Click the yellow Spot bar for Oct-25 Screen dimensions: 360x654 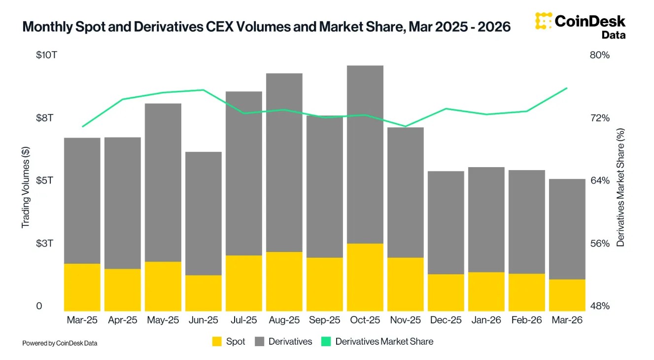coord(365,277)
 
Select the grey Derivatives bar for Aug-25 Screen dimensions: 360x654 coord(284,163)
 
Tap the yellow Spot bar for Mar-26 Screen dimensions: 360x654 coord(567,295)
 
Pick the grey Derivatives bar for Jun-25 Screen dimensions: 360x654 coord(204,214)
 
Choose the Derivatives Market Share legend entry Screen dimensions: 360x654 coord(377,341)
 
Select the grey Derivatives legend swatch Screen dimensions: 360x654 coord(260,341)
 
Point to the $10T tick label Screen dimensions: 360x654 coord(46,55)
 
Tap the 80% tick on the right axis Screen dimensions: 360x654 coord(600,55)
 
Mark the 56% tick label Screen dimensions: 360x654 coord(600,244)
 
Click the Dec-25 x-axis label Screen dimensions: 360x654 coord(446,320)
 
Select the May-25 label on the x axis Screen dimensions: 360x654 coord(163,320)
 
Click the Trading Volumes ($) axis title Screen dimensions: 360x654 coord(26,187)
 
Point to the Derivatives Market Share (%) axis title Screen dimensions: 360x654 coord(620,187)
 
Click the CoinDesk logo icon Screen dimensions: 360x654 coord(543,21)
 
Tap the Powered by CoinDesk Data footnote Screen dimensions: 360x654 coord(60,343)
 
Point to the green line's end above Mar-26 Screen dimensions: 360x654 coord(567,88)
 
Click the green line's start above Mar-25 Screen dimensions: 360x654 coord(83,126)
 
